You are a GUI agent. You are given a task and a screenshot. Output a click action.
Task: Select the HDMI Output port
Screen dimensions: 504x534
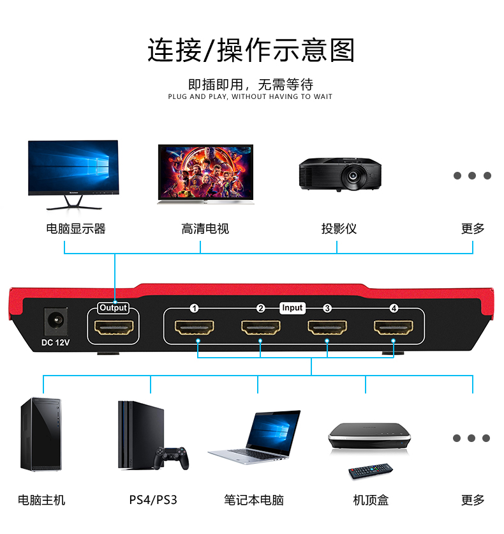click(114, 328)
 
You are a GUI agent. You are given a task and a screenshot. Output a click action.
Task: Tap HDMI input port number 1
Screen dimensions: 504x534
click(195, 328)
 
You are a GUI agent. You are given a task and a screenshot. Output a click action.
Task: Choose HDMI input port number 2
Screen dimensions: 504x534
click(261, 328)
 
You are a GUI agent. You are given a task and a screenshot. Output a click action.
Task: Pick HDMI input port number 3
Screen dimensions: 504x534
click(327, 328)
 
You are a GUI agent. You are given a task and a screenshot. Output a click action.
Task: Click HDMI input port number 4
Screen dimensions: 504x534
click(394, 328)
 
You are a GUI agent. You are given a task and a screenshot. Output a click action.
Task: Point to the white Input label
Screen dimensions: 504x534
click(292, 308)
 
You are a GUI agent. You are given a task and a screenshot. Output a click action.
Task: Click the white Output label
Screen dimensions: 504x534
click(114, 308)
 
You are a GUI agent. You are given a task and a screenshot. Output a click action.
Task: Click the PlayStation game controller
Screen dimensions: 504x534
click(174, 458)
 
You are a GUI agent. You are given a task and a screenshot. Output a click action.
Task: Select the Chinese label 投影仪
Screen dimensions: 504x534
click(339, 229)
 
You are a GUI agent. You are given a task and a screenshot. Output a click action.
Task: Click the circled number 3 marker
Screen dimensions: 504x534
click(327, 309)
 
